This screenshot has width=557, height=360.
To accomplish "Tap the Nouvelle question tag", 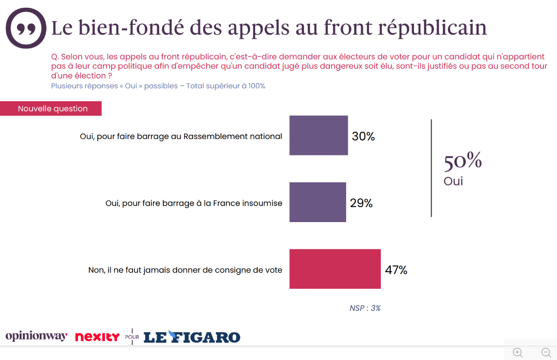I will click(x=52, y=108).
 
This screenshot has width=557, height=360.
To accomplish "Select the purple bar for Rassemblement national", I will click(x=318, y=135).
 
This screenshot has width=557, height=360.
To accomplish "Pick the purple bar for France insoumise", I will click(x=317, y=202).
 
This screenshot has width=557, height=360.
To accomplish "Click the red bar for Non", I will click(x=335, y=269).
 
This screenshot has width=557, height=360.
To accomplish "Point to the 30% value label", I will click(x=363, y=136).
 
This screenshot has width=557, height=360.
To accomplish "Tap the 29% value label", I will click(x=361, y=203).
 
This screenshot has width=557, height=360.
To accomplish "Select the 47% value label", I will click(x=396, y=270).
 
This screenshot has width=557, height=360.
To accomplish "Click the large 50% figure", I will click(x=462, y=161).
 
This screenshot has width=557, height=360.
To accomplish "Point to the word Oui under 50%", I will click(x=453, y=181).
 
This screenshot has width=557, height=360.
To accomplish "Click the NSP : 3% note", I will click(x=365, y=308).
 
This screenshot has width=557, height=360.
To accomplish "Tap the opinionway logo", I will click(x=36, y=336).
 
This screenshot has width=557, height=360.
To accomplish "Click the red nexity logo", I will click(x=97, y=337).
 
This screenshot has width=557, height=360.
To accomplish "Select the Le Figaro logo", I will click(x=192, y=337).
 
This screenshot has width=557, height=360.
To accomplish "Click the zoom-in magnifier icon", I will click(x=518, y=353).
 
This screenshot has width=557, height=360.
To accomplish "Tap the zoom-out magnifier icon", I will click(x=546, y=353).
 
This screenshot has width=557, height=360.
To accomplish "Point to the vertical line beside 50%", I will click(x=431, y=168).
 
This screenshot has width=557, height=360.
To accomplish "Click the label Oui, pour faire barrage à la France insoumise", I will click(x=194, y=203).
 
